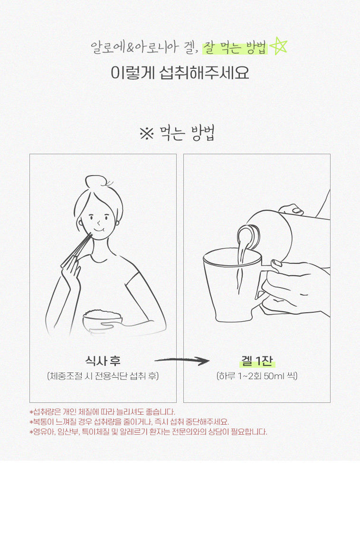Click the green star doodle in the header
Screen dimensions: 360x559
[x=278, y=47]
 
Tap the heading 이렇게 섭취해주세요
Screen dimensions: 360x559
[x=180, y=73]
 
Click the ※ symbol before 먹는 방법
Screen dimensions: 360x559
[x=147, y=134]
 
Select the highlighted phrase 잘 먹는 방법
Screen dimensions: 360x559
[x=235, y=48]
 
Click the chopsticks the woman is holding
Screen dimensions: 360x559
[x=76, y=250]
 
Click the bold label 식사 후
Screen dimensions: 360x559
[x=103, y=361]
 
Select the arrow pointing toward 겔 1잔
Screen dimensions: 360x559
[x=182, y=361]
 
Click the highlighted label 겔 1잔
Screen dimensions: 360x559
[x=257, y=361]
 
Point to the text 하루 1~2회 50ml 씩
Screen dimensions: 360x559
[x=257, y=376]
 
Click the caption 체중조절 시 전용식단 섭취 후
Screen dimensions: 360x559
[x=103, y=376]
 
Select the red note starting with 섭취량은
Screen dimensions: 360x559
[x=102, y=412]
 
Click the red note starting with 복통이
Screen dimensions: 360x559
[x=129, y=422]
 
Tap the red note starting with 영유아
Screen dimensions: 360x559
[x=148, y=432]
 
